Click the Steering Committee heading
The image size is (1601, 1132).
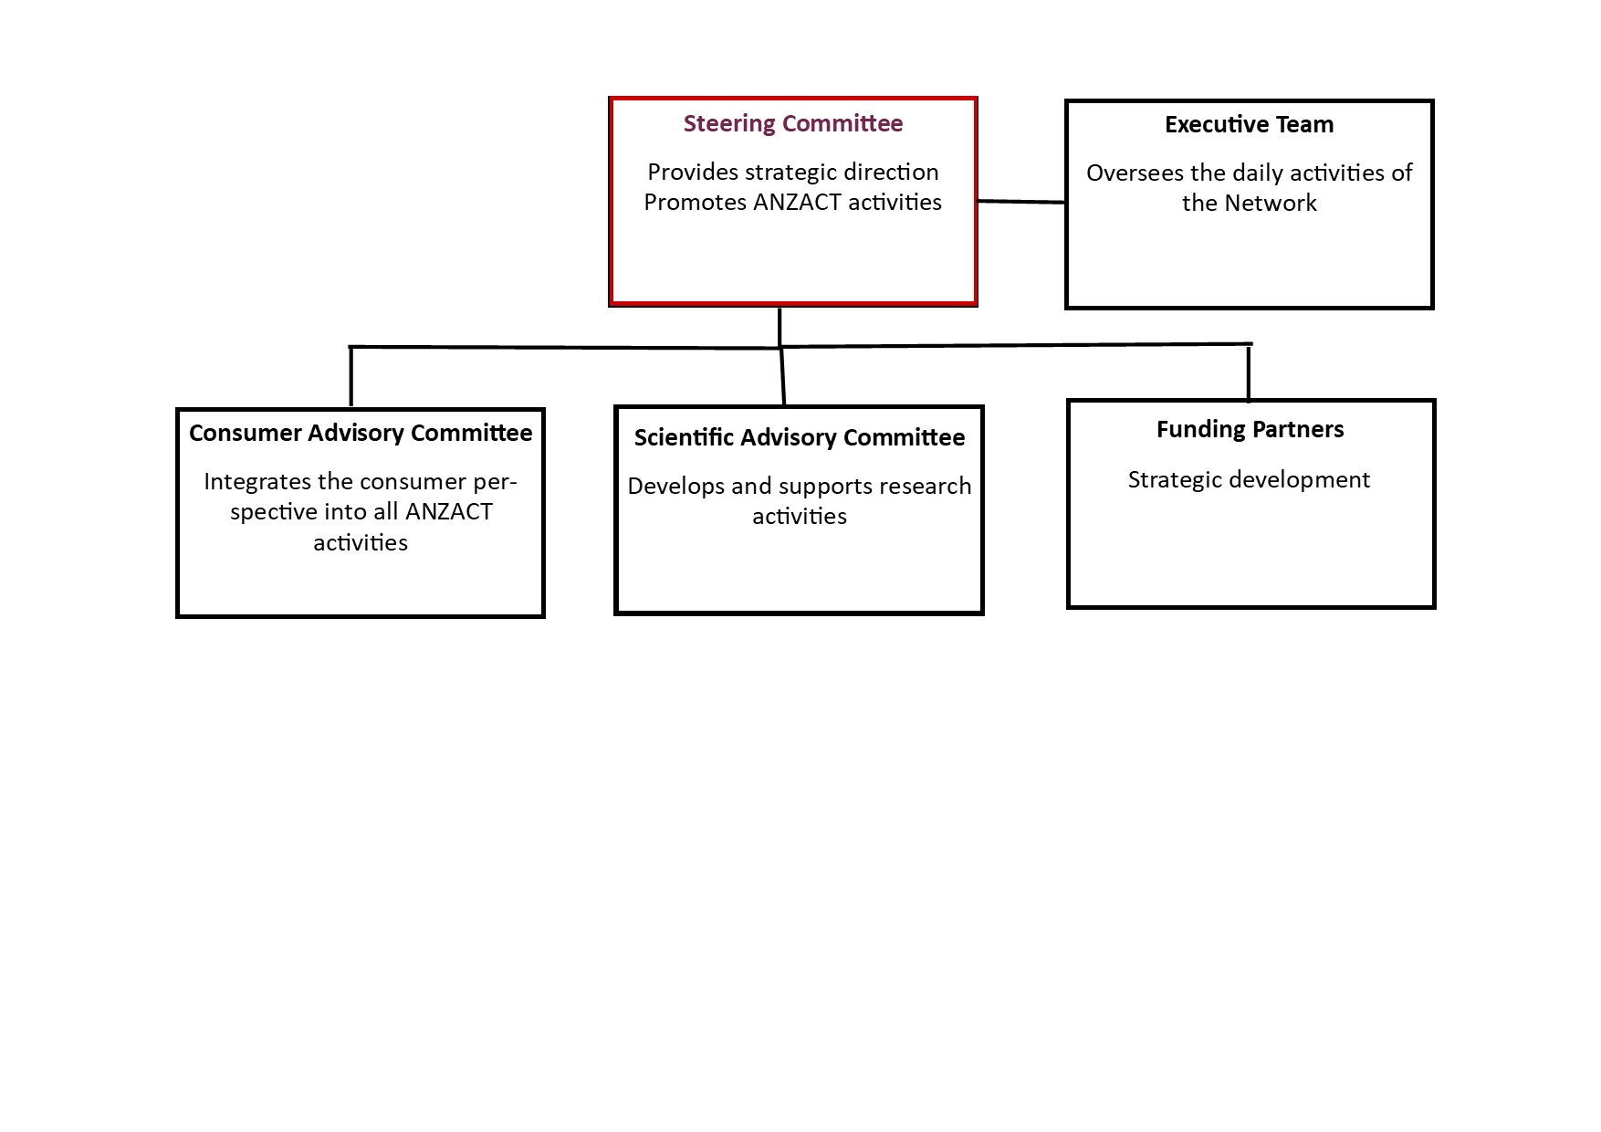[792, 124]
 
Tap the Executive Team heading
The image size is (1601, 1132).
[1249, 125]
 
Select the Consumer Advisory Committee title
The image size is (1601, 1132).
[361, 433]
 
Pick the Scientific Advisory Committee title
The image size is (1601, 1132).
[799, 437]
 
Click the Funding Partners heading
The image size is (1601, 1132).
[1250, 430]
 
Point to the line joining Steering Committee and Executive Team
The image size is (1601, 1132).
[1020, 201]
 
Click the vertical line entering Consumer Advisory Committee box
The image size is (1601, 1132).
[351, 376]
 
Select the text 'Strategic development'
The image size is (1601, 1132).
[1249, 480]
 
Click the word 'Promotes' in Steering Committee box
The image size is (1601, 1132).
[695, 202]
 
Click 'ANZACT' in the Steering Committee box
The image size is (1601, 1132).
[797, 202]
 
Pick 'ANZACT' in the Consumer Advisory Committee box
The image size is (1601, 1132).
[448, 512]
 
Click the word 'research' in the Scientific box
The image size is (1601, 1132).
[926, 487]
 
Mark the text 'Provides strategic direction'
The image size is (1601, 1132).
[792, 173]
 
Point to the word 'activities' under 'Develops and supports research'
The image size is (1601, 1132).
[799, 517]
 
